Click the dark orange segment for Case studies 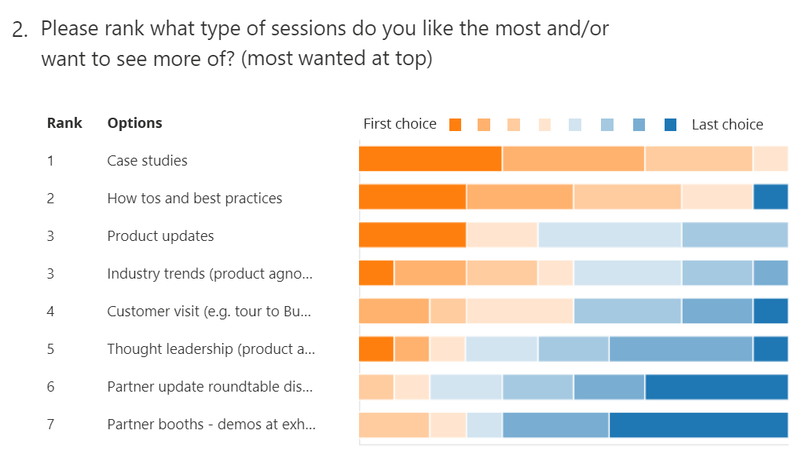430,159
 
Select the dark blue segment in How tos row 770,196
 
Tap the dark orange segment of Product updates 412,235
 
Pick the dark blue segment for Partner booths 698,425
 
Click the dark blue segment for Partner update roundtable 716,387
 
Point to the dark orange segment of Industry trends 376,272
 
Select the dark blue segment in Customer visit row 770,311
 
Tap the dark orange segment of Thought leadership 376,348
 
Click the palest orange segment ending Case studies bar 770,159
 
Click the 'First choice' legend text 400,124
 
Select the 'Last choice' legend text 727,124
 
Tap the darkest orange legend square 455,125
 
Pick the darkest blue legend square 670,125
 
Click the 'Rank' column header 64,122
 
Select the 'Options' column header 134,122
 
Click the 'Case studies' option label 147,161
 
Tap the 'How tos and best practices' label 194,199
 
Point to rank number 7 50,425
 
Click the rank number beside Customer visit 50,312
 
